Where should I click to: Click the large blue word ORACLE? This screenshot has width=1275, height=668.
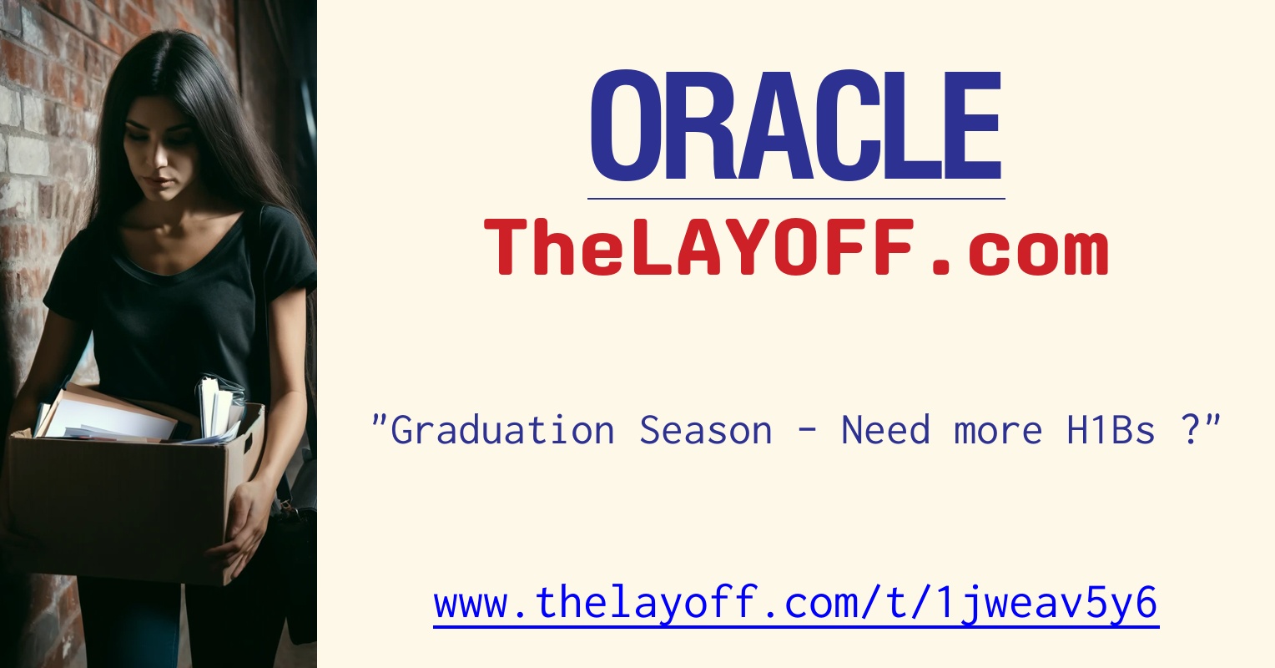[796, 127]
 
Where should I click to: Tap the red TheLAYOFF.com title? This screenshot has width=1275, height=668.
[796, 248]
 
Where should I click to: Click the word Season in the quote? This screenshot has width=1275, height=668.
[705, 430]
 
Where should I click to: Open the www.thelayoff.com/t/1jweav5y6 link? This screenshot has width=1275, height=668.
[796, 603]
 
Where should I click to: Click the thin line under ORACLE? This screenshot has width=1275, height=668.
[796, 199]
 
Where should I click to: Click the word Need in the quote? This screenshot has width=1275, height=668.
[885, 430]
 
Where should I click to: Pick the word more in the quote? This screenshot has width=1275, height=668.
[998, 430]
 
